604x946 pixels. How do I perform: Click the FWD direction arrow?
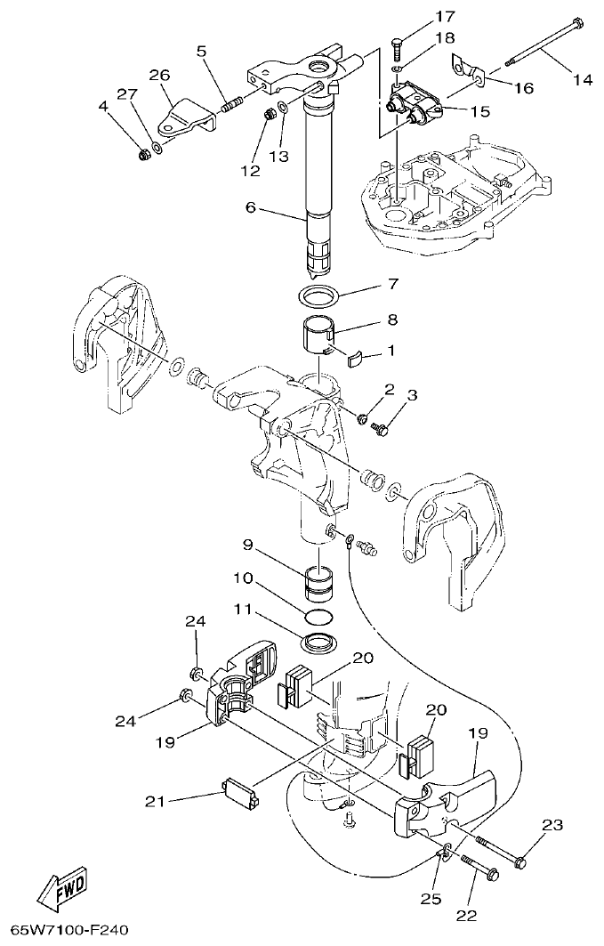pos(60,891)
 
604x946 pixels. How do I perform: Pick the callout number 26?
pos(159,76)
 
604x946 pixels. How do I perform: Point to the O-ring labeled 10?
pos(318,617)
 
